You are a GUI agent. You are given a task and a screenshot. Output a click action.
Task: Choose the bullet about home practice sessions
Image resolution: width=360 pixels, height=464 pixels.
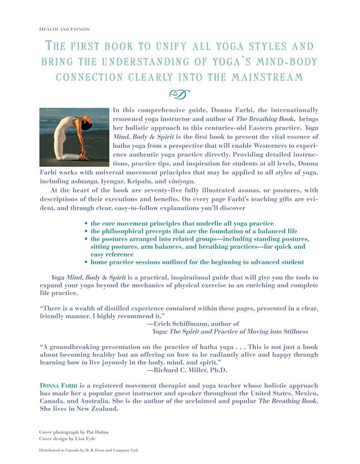tap(197, 262)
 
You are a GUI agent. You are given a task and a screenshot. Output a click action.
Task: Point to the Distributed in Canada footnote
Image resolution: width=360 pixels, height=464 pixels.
tap(89, 450)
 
